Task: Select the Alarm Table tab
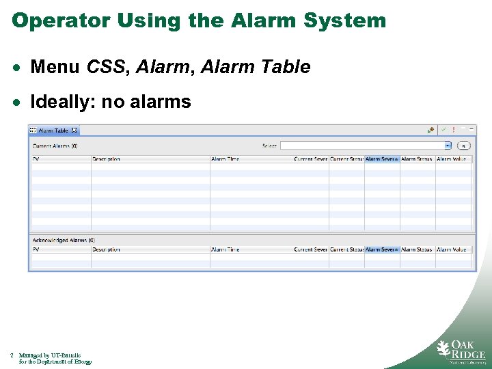click(54, 131)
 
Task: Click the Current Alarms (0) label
click(55, 146)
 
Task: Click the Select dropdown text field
click(362, 146)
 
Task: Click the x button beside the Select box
click(463, 146)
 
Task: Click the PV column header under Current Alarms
click(37, 159)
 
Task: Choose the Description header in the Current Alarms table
click(107, 159)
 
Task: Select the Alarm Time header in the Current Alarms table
click(225, 159)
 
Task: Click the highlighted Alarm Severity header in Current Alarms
click(381, 159)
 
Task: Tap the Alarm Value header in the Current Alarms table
click(452, 159)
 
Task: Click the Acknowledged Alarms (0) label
click(64, 241)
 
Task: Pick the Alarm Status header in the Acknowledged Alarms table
click(417, 249)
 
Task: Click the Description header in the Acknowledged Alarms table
click(107, 249)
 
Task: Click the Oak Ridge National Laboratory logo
click(461, 350)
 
